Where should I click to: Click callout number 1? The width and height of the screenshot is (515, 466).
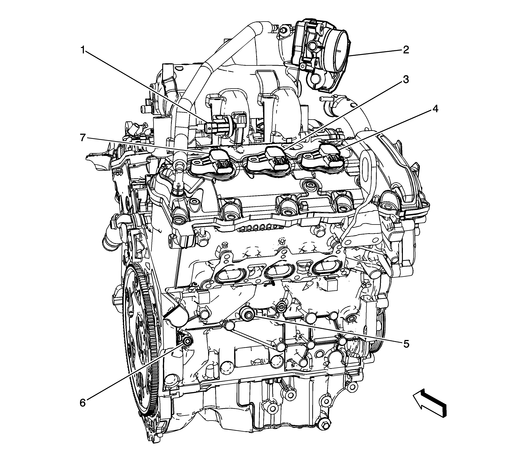coord(83,50)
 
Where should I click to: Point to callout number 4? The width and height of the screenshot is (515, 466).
coord(435,109)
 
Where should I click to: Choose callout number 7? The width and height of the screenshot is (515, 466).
coord(83,138)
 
